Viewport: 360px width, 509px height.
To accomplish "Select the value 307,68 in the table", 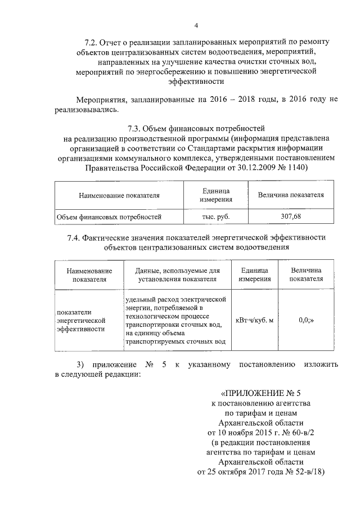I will coord(290,215).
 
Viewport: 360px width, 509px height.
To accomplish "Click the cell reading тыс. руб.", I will coord(216,215).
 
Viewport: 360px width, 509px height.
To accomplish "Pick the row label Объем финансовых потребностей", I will coord(108,215).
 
